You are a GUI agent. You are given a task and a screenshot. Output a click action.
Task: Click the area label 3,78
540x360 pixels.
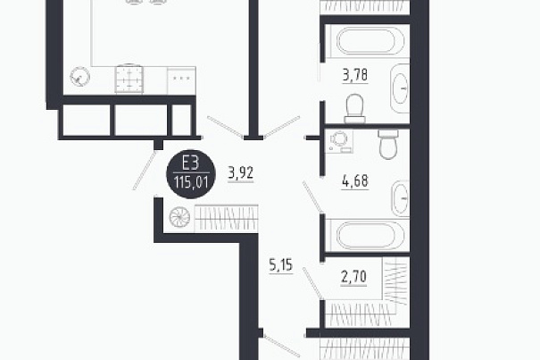[355, 75]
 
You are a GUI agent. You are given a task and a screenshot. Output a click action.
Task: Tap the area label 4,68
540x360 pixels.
[355, 181]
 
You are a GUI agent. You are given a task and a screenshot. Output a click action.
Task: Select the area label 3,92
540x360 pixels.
[241, 173]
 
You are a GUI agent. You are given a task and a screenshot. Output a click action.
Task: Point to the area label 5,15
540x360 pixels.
[280, 265]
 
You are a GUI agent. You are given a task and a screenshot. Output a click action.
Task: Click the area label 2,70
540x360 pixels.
[353, 277]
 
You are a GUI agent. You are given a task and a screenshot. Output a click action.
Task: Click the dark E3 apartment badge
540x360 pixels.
[191, 174]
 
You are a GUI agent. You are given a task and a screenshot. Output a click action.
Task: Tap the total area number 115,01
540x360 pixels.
[191, 181]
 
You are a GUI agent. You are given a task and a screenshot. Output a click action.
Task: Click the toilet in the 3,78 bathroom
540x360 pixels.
[354, 108]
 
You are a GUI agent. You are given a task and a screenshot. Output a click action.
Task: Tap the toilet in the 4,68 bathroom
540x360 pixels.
[388, 144]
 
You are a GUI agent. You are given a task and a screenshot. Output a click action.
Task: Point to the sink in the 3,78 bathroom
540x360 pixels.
[400, 88]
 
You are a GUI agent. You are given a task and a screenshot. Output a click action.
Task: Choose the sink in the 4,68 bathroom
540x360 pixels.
[400, 198]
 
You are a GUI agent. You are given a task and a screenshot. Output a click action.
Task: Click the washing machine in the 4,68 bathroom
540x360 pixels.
[339, 140]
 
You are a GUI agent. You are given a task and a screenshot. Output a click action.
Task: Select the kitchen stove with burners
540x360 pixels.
[129, 79]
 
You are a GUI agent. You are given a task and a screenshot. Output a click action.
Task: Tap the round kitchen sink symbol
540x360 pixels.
[80, 76]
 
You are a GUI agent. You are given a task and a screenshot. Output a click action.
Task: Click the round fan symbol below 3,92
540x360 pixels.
[179, 217]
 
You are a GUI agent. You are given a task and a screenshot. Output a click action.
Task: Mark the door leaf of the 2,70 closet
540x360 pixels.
[312, 283]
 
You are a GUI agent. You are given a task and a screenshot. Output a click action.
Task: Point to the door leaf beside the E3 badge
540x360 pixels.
[145, 171]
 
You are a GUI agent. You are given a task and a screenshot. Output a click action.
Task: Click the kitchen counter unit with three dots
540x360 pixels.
[181, 80]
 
